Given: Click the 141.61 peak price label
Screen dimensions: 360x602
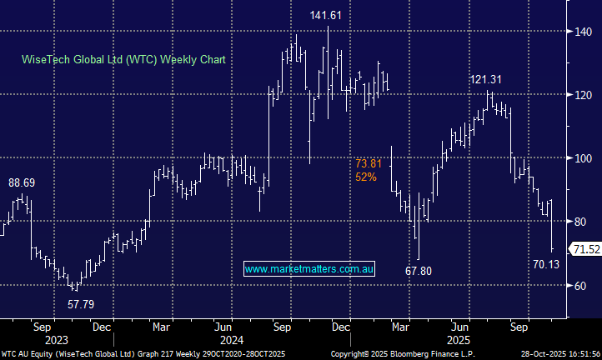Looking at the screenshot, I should tap(325, 15).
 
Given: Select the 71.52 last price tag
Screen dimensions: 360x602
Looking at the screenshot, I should tap(584, 249).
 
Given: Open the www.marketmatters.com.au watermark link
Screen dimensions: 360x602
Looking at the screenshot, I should tap(310, 268).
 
